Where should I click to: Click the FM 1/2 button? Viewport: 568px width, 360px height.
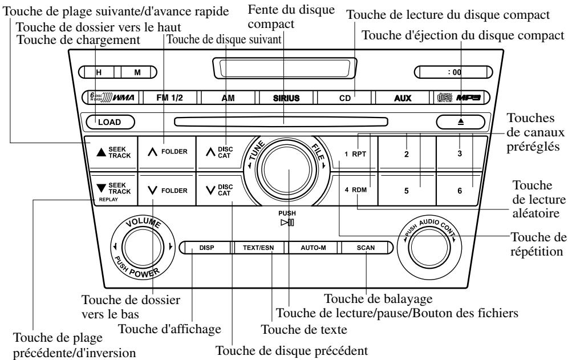(169, 98)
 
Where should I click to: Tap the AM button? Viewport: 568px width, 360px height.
(228, 98)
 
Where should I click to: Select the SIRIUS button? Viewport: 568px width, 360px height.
(286, 98)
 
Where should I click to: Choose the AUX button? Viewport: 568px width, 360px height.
(403, 98)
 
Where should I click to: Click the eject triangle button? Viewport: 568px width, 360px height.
(460, 122)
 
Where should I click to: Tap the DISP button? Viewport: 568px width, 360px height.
(206, 248)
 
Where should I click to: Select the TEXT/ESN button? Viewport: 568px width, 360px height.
(258, 248)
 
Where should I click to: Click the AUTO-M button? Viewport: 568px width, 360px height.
(313, 248)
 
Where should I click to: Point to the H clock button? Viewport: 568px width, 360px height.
(99, 72)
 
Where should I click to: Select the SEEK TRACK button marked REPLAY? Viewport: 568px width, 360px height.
(113, 189)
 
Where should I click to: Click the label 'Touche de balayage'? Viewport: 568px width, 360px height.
(378, 299)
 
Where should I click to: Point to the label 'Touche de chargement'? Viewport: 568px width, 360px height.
(78, 39)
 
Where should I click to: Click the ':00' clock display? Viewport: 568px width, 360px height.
(453, 72)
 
